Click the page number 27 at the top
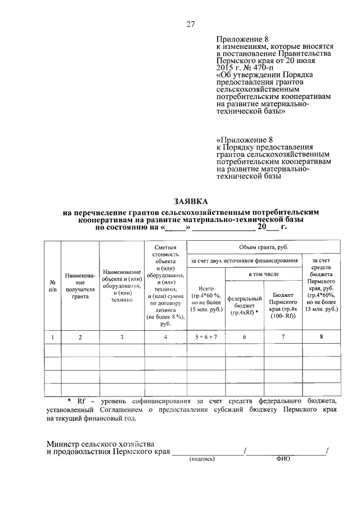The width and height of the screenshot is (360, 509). pyautogui.click(x=191, y=24)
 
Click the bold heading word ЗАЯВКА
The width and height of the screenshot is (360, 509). pyautogui.click(x=190, y=201)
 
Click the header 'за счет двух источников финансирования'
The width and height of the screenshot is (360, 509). pyautogui.click(x=244, y=260)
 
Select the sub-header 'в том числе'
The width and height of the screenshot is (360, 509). pyautogui.click(x=263, y=273)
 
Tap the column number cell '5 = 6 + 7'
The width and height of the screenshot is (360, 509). pyautogui.click(x=206, y=337)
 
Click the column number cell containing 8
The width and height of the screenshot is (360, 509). pyautogui.click(x=321, y=337)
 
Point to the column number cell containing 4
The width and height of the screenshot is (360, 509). pyautogui.click(x=165, y=337)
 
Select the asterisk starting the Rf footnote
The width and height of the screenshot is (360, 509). pyautogui.click(x=69, y=400)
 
